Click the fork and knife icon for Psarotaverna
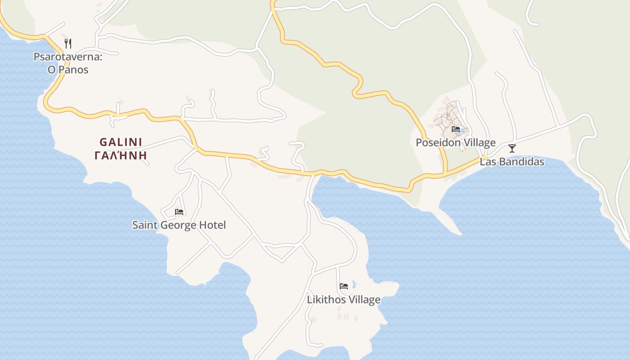[68, 44]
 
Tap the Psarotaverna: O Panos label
[68, 63]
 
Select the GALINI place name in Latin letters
[121, 142]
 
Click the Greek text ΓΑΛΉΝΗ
[121, 156]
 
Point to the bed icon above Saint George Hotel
[179, 211]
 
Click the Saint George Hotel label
[179, 225]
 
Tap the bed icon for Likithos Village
[344, 286]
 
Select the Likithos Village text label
[344, 300]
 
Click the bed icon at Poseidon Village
[456, 129]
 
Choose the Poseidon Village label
[455, 143]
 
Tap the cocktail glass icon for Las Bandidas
[512, 148]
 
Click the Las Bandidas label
[512, 162]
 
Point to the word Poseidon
[438, 143]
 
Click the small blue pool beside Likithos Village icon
[354, 284]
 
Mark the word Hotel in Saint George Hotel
[214, 225]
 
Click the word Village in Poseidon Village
[479, 143]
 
